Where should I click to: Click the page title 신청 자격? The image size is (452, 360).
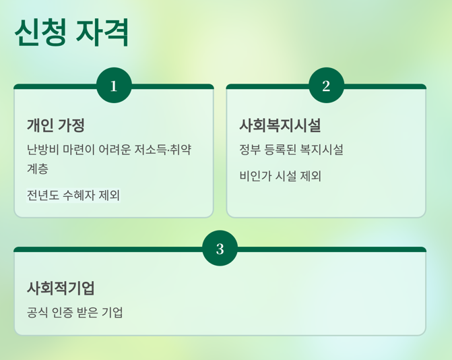pos(71,32)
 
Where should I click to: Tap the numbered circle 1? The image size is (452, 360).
pos(114,86)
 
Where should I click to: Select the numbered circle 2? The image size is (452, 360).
pos(326,86)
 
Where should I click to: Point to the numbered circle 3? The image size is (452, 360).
pos(220,249)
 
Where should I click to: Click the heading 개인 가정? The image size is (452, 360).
pos(56,125)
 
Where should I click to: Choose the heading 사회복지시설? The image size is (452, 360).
pos(280,125)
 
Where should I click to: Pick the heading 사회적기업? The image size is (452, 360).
pos(61,289)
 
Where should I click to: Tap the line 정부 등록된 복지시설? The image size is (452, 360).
pos(291,150)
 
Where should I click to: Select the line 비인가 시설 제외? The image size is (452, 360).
pos(280,177)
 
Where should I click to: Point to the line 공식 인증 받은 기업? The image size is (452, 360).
pos(75,313)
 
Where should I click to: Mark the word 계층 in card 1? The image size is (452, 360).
pos(38,169)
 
